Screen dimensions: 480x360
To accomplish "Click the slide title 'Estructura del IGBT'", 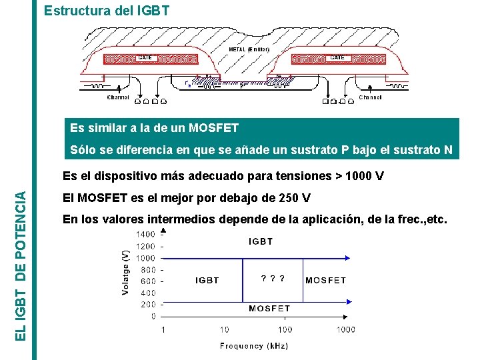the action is (106, 11).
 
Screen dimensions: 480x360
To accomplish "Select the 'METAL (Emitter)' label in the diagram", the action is (249, 49).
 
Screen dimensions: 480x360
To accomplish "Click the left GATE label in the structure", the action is (145, 58).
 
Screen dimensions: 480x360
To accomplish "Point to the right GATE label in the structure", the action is (337, 58).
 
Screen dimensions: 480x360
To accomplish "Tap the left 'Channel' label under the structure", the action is (118, 97).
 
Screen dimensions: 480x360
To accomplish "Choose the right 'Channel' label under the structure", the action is (370, 97).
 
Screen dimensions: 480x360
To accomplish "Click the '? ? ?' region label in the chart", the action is (273, 279).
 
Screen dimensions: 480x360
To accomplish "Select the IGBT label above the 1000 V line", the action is (261, 241).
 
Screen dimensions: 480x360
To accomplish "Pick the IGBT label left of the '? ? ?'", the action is (207, 281).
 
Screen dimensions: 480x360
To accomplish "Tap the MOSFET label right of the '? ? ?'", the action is (325, 281).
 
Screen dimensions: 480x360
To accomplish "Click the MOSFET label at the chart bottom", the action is (269, 309).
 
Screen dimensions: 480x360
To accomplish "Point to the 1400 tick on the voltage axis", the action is (146, 234).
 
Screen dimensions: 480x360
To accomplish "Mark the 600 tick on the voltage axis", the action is (148, 281).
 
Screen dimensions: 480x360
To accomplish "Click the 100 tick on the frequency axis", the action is (285, 329).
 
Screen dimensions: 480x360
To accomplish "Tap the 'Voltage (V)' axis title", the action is (126, 273).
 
